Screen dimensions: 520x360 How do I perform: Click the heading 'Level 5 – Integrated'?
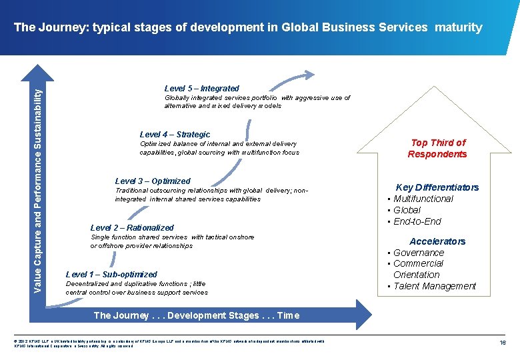(x=201, y=88)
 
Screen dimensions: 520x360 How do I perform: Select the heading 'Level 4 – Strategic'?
(x=175, y=134)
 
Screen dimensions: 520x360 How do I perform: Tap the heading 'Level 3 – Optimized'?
(x=153, y=181)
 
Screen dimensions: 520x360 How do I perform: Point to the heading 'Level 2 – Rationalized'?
(x=131, y=227)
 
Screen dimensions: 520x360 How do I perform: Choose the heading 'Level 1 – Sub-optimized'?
(x=111, y=274)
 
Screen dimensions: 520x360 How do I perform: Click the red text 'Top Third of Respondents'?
(x=437, y=148)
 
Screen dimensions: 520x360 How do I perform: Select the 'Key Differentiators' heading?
(x=437, y=187)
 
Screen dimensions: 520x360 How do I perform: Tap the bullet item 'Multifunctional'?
(x=423, y=199)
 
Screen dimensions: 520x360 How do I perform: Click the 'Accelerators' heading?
(x=437, y=241)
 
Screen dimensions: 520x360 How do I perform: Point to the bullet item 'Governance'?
(x=418, y=253)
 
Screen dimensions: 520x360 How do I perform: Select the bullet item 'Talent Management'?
(x=434, y=286)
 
